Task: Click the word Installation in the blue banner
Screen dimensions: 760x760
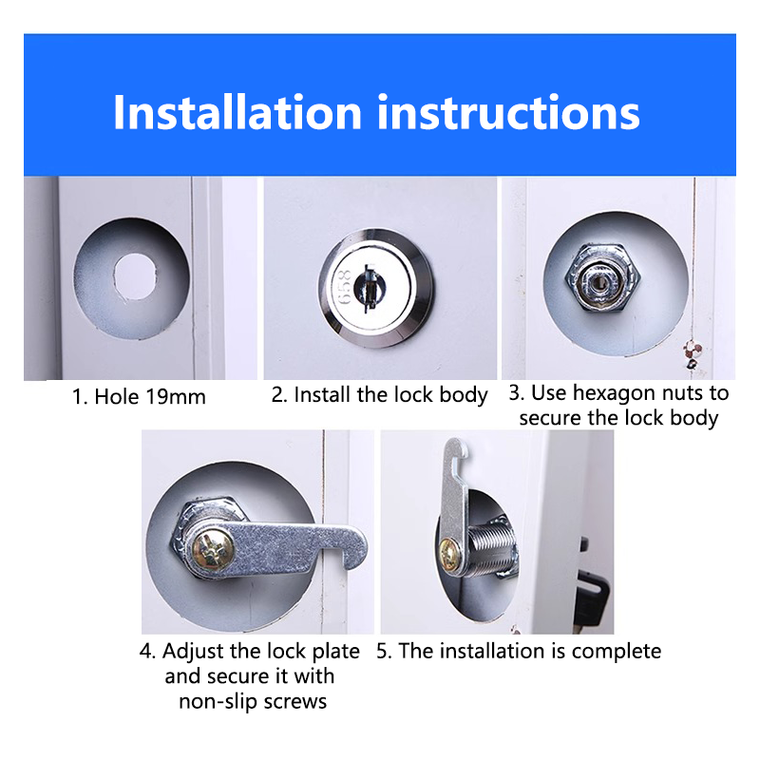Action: tap(237, 112)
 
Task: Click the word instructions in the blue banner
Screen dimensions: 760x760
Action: tap(508, 112)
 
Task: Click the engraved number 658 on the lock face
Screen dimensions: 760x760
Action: tap(344, 287)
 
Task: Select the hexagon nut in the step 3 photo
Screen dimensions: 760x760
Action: tap(602, 277)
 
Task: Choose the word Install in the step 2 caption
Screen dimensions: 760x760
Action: tap(323, 394)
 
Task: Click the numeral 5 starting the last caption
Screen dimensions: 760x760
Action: tap(382, 651)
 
